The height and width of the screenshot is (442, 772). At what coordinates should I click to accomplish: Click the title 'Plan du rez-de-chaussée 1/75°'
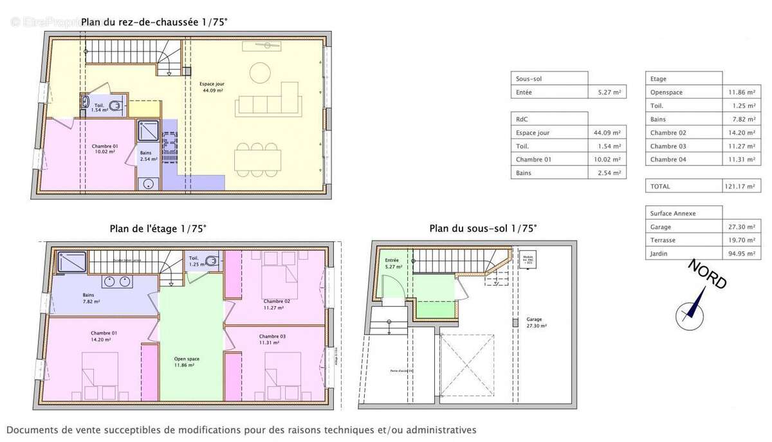pyautogui.click(x=154, y=22)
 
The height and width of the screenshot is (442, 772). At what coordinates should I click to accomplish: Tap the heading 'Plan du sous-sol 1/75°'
pyautogui.click(x=482, y=228)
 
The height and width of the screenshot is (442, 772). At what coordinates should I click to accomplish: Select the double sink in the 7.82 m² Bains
pyautogui.click(x=117, y=281)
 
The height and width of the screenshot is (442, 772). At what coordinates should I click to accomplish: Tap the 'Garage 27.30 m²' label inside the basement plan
pyautogui.click(x=535, y=322)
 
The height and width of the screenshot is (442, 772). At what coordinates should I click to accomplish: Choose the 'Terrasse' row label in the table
pyautogui.click(x=663, y=240)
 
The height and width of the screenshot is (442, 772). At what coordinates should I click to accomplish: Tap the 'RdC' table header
pyautogui.click(x=522, y=119)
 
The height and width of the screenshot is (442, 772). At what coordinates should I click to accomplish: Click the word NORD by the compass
pyautogui.click(x=708, y=275)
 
